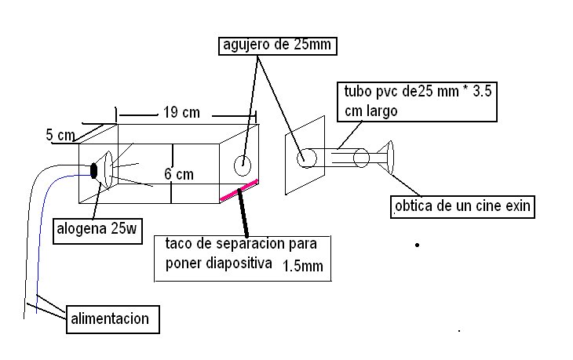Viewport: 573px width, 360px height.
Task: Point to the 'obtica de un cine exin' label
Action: [x=462, y=207]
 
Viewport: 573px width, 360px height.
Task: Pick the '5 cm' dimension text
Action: [x=60, y=135]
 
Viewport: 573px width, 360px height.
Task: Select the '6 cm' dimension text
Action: [x=180, y=173]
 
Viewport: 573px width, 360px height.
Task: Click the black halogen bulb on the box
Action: [x=95, y=170]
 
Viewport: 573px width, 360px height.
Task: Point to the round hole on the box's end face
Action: [x=243, y=165]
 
